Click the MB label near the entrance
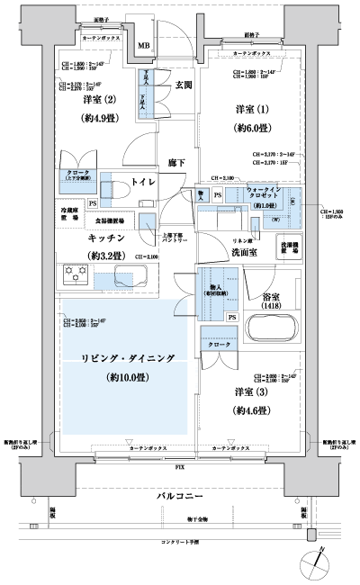pyautogui.click(x=142, y=45)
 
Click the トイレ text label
pyautogui.click(x=144, y=183)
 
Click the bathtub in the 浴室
pyautogui.click(x=270, y=320)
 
